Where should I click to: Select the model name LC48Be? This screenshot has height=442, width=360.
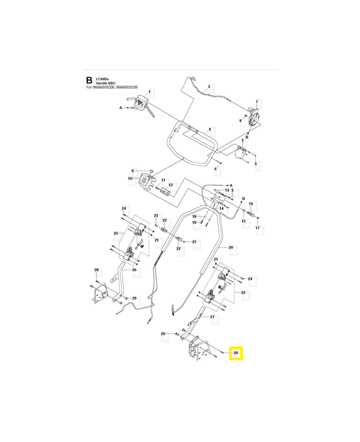pyautogui.click(x=103, y=78)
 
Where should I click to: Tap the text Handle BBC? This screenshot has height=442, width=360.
pyautogui.click(x=108, y=83)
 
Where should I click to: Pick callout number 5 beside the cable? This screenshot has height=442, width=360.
pyautogui.click(x=209, y=87)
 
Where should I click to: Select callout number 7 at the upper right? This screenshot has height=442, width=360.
pyautogui.click(x=257, y=102)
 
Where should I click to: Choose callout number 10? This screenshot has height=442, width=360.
pyautogui.click(x=130, y=178)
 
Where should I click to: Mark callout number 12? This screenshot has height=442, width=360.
pyautogui.click(x=171, y=185)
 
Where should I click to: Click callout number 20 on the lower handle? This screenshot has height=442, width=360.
pyautogui.click(x=231, y=247)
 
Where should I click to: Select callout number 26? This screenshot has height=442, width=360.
pyautogui.click(x=134, y=270)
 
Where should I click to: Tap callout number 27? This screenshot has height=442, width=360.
pyautogui.click(x=211, y=317)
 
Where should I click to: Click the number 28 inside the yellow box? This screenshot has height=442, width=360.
pyautogui.click(x=236, y=352)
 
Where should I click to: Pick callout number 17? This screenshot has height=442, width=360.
pyautogui.click(x=257, y=228)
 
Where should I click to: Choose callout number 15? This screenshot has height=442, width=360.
pyautogui.click(x=243, y=220)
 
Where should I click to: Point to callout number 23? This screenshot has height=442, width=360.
pyautogui.click(x=156, y=215)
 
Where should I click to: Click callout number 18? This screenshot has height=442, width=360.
pyautogui.click(x=194, y=217)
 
